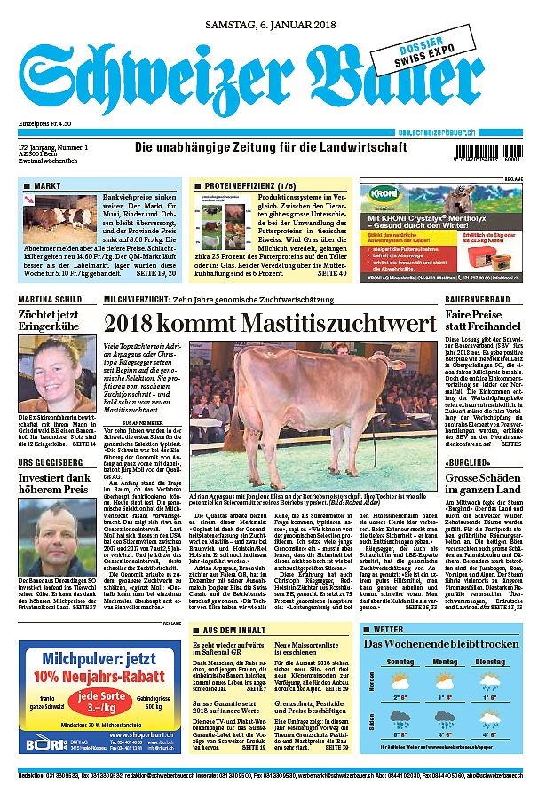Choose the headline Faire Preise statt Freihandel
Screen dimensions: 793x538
479,321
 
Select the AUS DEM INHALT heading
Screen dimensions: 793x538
233,629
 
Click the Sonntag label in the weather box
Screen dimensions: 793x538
400,662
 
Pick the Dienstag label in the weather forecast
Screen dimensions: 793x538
491,662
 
